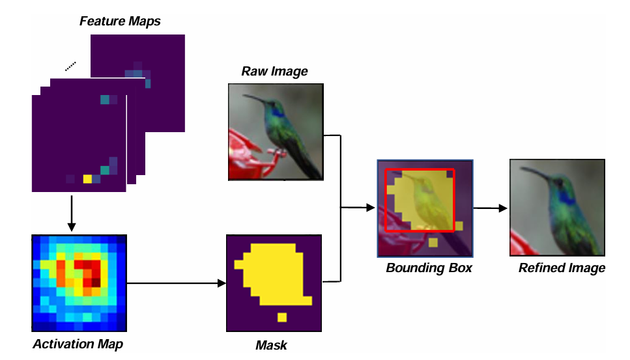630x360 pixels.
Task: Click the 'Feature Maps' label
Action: coord(120,21)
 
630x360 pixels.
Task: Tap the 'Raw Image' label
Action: coord(274,72)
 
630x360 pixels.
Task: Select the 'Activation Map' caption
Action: coord(78,344)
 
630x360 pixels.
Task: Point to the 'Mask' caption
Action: coord(272,344)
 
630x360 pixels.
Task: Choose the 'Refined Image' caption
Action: coord(562,268)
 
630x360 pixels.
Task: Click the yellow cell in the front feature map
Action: coord(87,179)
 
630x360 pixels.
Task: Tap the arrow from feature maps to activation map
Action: coord(72,212)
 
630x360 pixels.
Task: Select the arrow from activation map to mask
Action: coord(176,283)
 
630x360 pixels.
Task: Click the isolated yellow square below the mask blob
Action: coord(282,317)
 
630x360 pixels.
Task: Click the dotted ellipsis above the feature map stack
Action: coord(70,65)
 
